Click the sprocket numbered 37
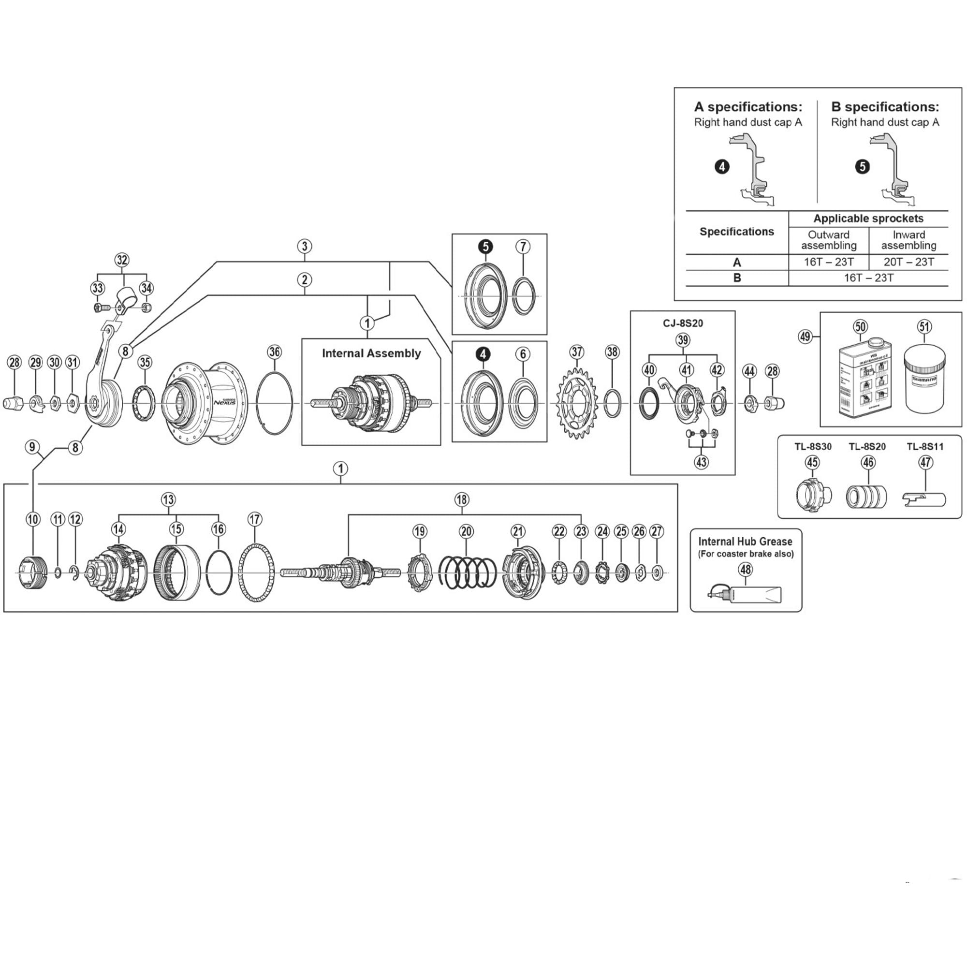(577, 403)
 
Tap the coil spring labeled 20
(467, 571)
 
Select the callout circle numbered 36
(274, 352)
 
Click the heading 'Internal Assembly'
(371, 353)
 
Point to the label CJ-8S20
(683, 323)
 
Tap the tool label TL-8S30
(813, 446)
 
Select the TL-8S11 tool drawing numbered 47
(924, 499)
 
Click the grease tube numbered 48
(746, 596)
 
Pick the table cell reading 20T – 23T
(908, 262)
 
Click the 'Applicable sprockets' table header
(868, 218)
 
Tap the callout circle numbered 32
(122, 260)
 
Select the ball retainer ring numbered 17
(255, 572)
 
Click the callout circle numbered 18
(461, 499)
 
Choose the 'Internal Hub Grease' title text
(745, 542)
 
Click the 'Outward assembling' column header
(829, 240)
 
